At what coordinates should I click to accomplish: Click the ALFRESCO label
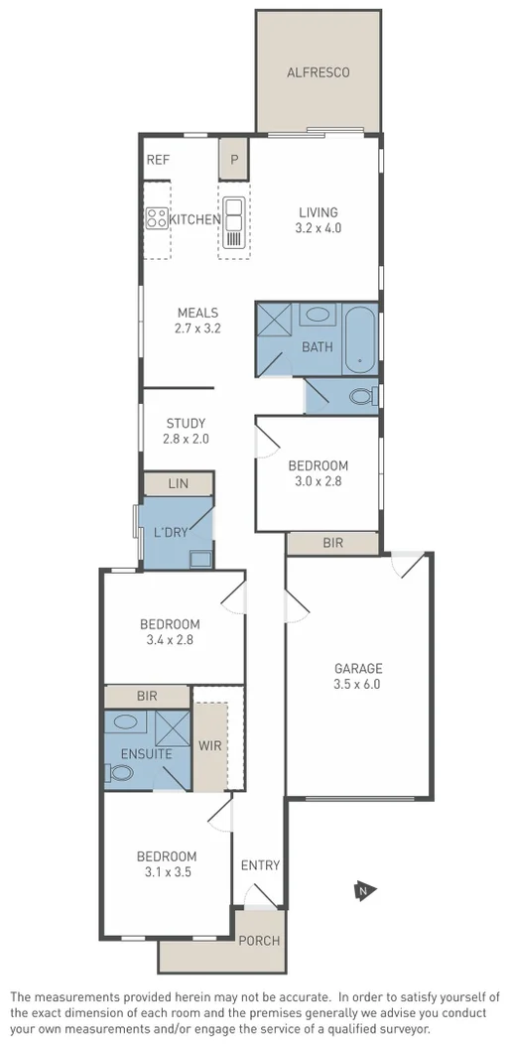click(x=318, y=72)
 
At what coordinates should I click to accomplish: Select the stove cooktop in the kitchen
click(x=157, y=218)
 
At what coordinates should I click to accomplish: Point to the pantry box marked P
click(x=234, y=159)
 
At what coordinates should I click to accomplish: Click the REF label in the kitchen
click(x=158, y=159)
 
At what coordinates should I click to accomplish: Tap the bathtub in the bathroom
click(x=360, y=340)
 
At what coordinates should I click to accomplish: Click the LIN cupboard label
click(x=179, y=483)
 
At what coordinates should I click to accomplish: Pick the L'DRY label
click(x=171, y=532)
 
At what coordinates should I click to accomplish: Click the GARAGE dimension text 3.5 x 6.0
click(x=358, y=684)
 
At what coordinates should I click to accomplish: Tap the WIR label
click(x=209, y=743)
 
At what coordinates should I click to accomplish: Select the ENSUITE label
click(x=147, y=754)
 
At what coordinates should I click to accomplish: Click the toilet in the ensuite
click(x=121, y=772)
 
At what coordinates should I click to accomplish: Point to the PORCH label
click(x=261, y=940)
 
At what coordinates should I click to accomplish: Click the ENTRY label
click(x=261, y=865)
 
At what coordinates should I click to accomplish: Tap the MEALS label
click(x=197, y=312)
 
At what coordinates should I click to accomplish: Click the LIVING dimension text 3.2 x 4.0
click(x=318, y=227)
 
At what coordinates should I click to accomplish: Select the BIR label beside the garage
click(x=333, y=543)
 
